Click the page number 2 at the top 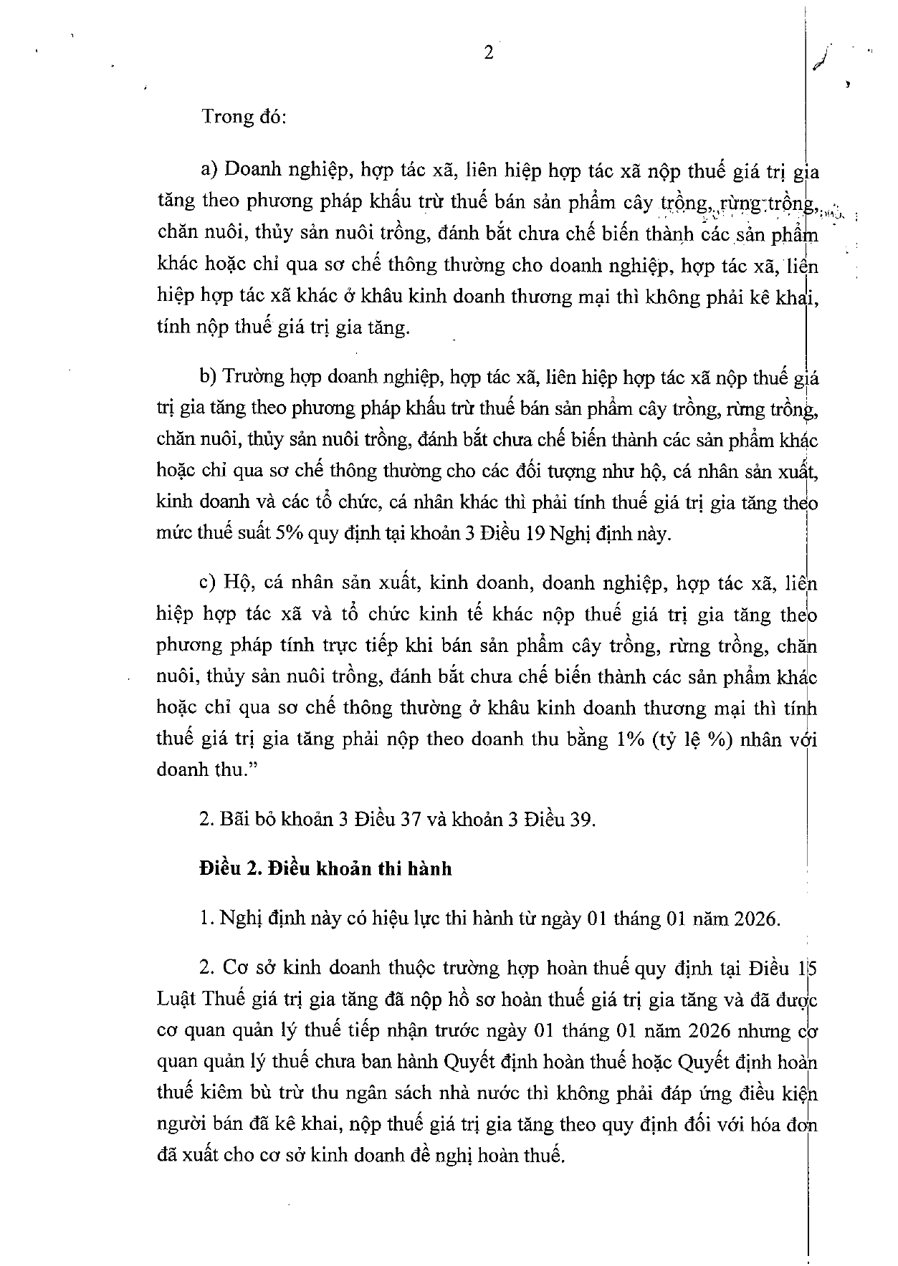pyautogui.click(x=489, y=54)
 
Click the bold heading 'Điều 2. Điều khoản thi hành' pyautogui.click(x=326, y=869)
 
